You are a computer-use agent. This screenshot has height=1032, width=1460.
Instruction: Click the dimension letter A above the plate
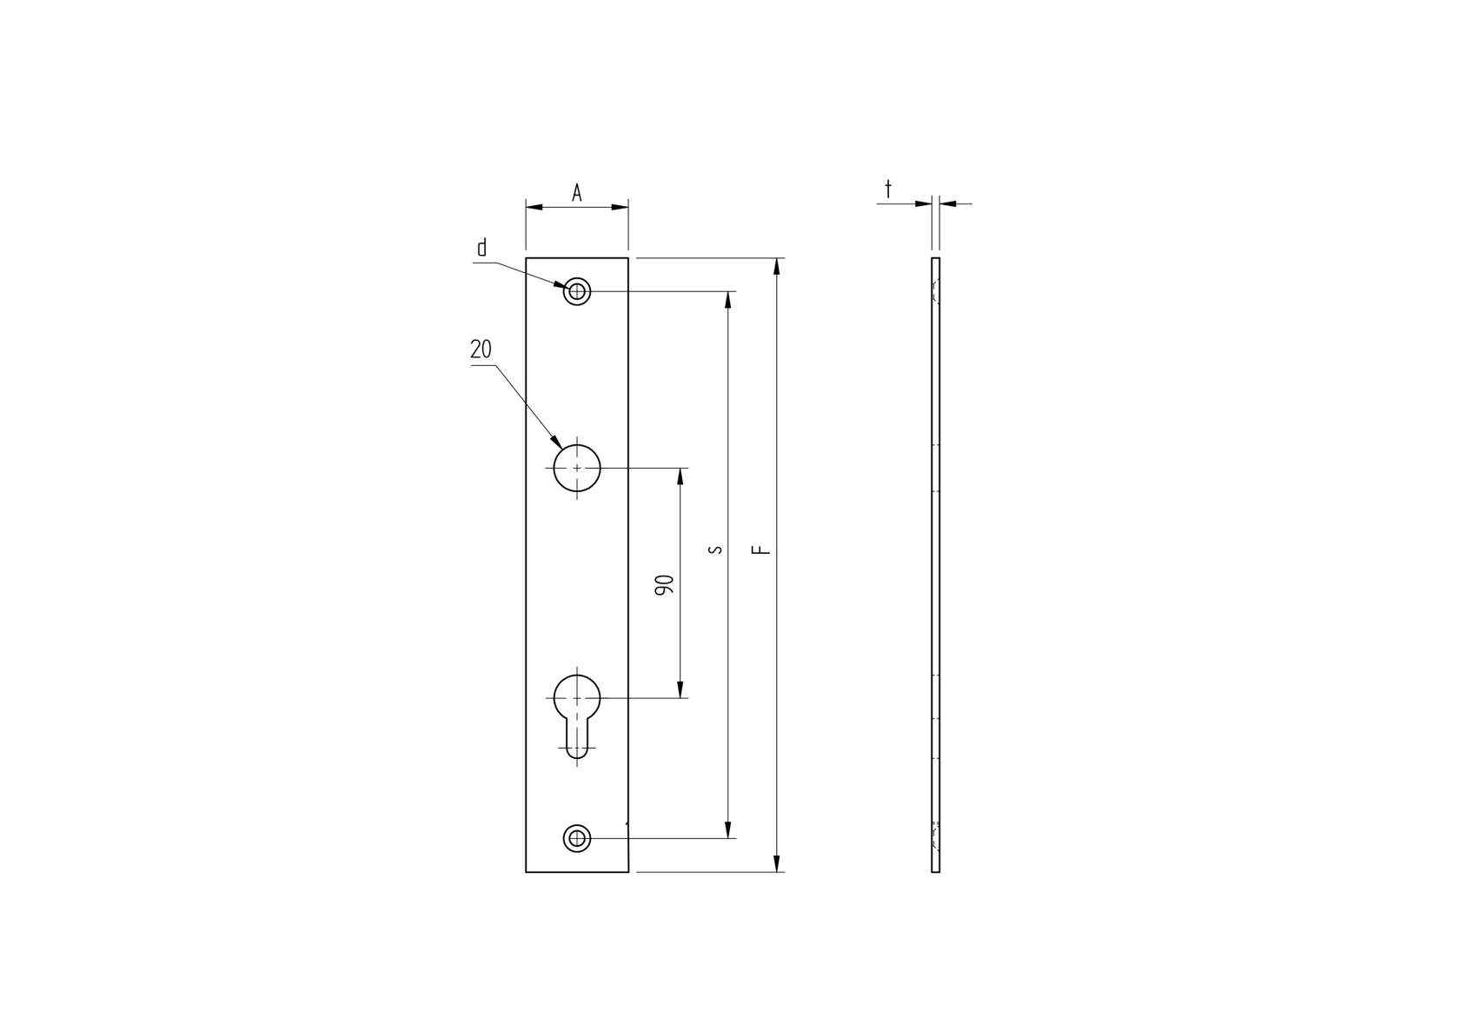click(x=576, y=193)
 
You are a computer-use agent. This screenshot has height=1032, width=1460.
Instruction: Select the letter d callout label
click(x=482, y=248)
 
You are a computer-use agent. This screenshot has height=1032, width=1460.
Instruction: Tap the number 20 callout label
click(x=481, y=350)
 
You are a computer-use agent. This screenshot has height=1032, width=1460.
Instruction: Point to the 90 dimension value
click(x=665, y=584)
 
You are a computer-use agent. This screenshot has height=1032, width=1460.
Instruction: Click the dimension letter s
click(x=714, y=549)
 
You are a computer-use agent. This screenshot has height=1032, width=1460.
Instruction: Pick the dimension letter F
click(x=761, y=549)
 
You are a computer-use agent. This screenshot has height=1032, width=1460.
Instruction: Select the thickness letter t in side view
click(x=887, y=188)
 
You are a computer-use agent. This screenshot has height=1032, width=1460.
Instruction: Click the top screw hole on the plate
click(x=577, y=291)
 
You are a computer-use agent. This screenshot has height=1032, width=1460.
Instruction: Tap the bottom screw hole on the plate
click(x=577, y=838)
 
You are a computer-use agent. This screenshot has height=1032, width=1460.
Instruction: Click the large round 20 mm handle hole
click(x=577, y=468)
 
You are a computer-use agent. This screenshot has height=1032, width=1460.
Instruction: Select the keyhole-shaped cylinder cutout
click(x=577, y=713)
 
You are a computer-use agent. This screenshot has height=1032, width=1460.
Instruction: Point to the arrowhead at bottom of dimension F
click(x=776, y=864)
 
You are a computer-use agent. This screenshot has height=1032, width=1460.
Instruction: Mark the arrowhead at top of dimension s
click(x=728, y=299)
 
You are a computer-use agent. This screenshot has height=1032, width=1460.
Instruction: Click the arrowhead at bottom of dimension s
click(x=728, y=830)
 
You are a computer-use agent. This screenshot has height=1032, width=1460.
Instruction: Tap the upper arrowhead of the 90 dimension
click(x=680, y=476)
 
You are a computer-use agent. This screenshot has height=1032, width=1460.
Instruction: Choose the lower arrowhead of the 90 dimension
click(x=680, y=690)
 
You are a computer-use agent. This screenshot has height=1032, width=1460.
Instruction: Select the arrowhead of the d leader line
click(x=561, y=284)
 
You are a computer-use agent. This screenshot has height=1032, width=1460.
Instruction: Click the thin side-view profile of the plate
click(x=935, y=565)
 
